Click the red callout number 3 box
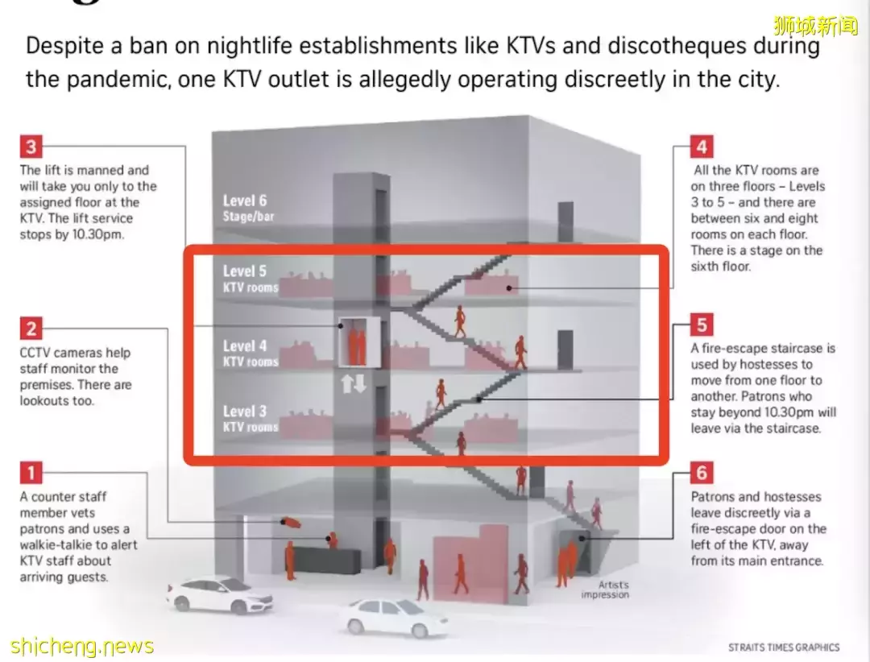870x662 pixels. tap(31, 147)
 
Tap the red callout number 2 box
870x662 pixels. tap(31, 329)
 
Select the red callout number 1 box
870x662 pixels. tap(31, 473)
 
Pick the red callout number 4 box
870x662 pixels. tap(702, 147)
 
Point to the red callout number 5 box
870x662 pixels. tap(702, 325)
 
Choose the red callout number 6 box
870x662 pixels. tap(702, 473)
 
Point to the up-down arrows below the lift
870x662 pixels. tap(354, 383)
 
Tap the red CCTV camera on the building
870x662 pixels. tap(291, 522)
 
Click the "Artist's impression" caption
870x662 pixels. tap(605, 590)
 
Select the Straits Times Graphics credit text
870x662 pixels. tap(784, 647)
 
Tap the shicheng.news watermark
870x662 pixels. tap(81, 646)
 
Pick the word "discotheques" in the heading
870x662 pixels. tap(677, 45)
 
